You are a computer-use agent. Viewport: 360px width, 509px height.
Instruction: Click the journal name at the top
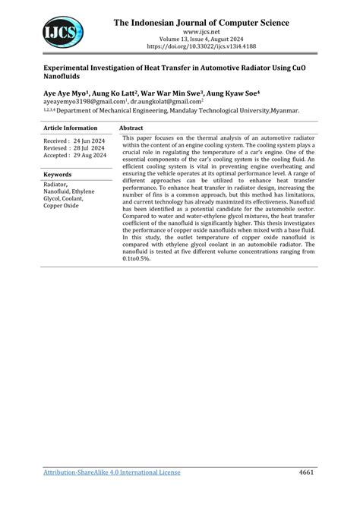tap(201, 23)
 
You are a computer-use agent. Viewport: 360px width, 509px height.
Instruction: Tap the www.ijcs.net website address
tap(201, 33)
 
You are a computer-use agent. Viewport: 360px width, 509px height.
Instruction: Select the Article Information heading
tap(71, 128)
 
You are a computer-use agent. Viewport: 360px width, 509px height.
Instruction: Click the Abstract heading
tap(131, 128)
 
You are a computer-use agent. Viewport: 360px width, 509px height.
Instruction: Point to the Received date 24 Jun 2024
tap(74, 141)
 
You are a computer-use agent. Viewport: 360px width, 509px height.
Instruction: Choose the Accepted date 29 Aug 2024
tap(74, 156)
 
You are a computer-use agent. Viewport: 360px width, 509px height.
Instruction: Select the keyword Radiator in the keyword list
tap(55, 185)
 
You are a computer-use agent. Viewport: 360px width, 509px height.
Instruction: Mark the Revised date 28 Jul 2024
tap(74, 148)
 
